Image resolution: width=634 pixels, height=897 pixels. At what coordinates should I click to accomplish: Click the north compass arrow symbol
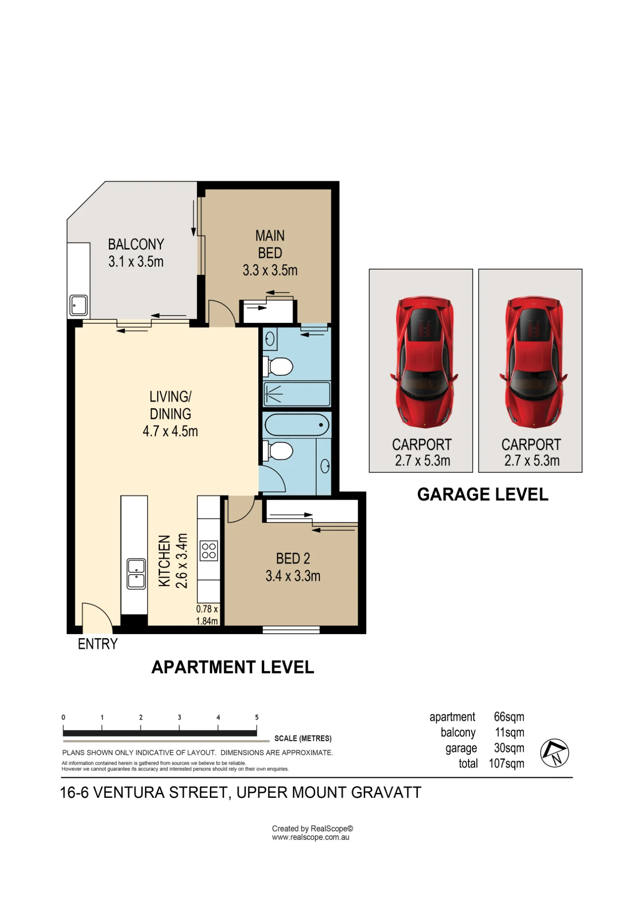pos(554,753)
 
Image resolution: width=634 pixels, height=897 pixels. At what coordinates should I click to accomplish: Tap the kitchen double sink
pos(136,574)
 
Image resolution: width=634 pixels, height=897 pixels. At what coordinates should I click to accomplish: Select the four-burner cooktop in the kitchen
pos(209,551)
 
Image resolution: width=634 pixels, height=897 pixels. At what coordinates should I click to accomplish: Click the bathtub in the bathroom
pos(297,425)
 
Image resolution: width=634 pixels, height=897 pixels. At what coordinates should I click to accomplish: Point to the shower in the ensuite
pos(297,394)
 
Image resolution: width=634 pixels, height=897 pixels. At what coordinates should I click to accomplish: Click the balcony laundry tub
pos(79,305)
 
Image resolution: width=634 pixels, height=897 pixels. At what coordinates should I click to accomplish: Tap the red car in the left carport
pos(424,361)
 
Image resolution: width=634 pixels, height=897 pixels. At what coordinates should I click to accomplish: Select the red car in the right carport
pos(533,361)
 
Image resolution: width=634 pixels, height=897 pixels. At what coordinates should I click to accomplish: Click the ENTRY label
pos(98,644)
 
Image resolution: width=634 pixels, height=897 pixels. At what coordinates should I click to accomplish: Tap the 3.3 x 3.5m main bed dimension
pos(270,270)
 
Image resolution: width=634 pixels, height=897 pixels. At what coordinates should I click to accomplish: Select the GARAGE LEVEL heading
pos(483,495)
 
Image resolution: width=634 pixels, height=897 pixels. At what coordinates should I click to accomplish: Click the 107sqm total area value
pos(507,764)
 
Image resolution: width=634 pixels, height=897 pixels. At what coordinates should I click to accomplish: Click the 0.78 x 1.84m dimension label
pos(207,615)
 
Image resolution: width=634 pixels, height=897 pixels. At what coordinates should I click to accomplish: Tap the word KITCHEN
pos(165,561)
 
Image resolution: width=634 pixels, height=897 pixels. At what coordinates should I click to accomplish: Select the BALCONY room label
pos(136,244)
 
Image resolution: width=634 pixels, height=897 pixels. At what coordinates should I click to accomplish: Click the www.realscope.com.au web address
pos(310,837)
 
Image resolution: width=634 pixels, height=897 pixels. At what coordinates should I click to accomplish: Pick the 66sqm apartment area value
pos(509,717)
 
